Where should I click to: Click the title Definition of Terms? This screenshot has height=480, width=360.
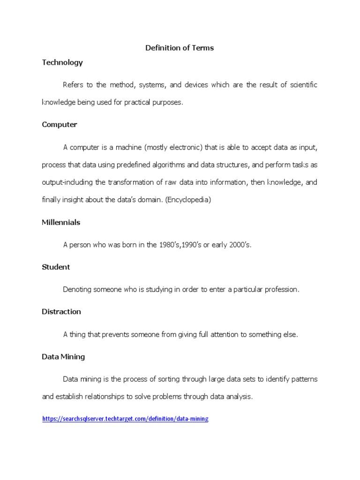tap(180, 48)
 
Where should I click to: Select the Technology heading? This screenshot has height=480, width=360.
tap(62, 62)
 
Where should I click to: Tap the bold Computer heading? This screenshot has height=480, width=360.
tap(60, 124)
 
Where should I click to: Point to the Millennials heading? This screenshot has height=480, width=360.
tap(61, 222)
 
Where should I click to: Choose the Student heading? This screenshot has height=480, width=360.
tap(56, 267)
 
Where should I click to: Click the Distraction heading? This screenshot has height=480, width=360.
tap(61, 311)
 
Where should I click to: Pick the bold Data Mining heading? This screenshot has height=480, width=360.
tap(63, 356)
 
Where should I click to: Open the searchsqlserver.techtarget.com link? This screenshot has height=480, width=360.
tap(125, 419)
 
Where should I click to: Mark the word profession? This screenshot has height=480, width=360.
tap(282, 289)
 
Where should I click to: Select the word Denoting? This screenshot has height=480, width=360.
tap(77, 289)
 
